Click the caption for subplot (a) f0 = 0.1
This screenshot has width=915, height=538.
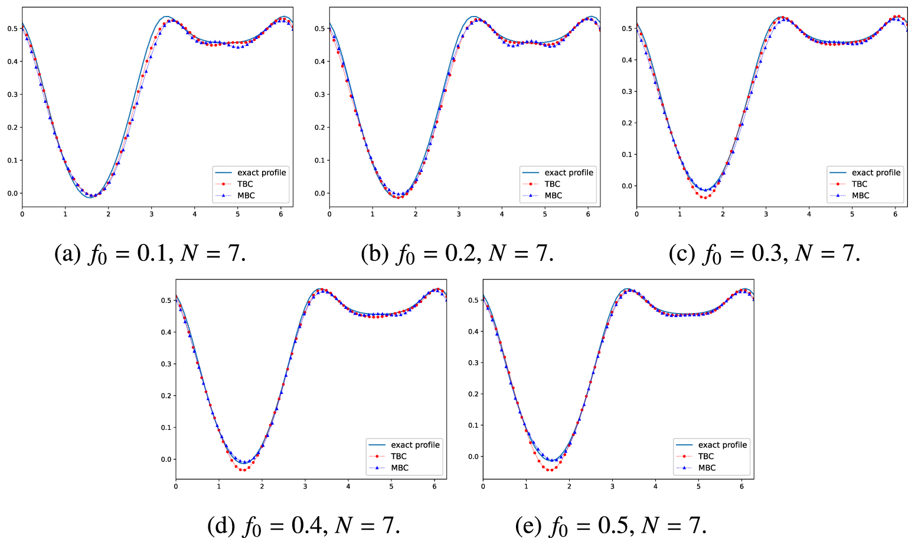[150, 254]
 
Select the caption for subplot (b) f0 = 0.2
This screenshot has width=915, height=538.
[457, 254]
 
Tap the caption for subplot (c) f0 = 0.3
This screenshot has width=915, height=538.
[764, 254]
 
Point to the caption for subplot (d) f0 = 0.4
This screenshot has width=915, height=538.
[303, 526]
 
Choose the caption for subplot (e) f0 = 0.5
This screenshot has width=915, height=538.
[611, 526]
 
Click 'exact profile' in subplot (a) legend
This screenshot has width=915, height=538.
[262, 172]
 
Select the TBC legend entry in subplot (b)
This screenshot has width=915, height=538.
[552, 184]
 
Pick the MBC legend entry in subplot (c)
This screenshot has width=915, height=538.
[860, 195]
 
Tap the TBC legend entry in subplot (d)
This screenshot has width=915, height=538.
[398, 457]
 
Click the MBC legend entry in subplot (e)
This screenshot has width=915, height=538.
[707, 468]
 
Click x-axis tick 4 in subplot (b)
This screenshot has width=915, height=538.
[502, 214]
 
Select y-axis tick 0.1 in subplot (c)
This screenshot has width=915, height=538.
[628, 155]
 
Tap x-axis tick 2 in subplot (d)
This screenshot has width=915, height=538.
[262, 486]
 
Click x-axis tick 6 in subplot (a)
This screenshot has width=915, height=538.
[281, 214]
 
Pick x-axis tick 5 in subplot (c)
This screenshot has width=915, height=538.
[852, 214]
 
